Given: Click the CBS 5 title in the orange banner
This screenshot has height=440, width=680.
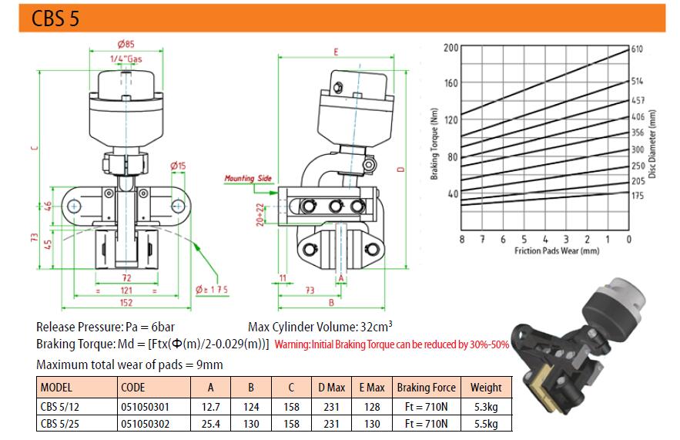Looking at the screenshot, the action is click(55, 18).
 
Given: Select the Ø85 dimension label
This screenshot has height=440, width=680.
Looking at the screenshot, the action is click(126, 44).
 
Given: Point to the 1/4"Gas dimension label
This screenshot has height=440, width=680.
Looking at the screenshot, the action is click(126, 59).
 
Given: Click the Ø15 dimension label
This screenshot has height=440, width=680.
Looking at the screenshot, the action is click(178, 166).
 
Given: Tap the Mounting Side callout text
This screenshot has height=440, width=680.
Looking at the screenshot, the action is click(248, 178).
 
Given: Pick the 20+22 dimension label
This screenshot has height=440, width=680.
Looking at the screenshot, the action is click(260, 214).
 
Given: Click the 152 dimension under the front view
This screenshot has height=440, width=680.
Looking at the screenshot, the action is click(126, 302).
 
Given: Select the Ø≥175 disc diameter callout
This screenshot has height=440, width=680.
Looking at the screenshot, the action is click(211, 290).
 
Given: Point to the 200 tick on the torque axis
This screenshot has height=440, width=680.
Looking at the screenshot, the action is click(451, 47).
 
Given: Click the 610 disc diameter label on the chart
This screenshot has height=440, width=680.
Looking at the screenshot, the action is click(637, 49).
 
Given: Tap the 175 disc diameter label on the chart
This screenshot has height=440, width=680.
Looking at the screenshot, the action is click(637, 195).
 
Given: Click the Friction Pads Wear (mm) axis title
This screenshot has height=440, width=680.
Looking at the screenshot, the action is click(557, 250).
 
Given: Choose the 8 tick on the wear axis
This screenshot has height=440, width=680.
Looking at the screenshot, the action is click(461, 239).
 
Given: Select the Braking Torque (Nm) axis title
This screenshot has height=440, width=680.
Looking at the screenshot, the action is click(434, 143).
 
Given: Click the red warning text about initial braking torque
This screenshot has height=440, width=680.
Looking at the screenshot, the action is click(392, 344).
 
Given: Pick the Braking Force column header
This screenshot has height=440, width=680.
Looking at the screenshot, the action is click(426, 387).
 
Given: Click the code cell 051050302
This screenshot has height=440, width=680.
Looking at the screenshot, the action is click(145, 424).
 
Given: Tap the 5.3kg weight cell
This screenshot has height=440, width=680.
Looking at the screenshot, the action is click(486, 407).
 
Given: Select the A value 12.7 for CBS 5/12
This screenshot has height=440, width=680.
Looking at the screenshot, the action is click(211, 407).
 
